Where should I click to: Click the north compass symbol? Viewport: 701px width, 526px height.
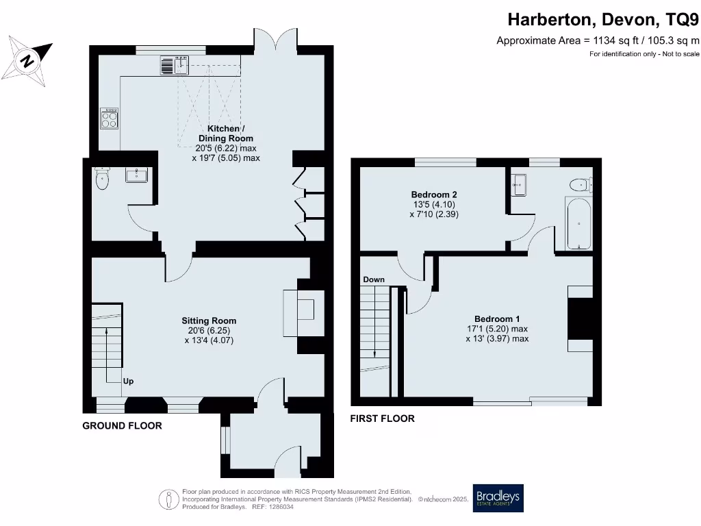pyautogui.click(x=27, y=60)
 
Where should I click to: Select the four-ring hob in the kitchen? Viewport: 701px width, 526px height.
pyautogui.click(x=110, y=120)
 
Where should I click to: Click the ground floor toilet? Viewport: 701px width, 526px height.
pyautogui.click(x=102, y=180)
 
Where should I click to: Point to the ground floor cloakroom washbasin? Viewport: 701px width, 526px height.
pyautogui.click(x=136, y=175)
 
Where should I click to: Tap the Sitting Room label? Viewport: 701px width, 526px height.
pyautogui.click(x=209, y=321)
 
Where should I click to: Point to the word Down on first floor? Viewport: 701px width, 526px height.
pyautogui.click(x=374, y=279)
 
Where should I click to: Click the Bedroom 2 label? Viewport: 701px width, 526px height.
pyautogui.click(x=429, y=195)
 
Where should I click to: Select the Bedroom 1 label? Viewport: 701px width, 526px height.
pyautogui.click(x=497, y=318)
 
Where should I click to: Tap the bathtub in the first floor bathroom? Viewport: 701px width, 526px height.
pyautogui.click(x=578, y=223)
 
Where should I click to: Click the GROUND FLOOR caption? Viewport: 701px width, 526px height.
pyautogui.click(x=122, y=425)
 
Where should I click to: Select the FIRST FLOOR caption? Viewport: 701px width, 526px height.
pyautogui.click(x=382, y=418)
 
